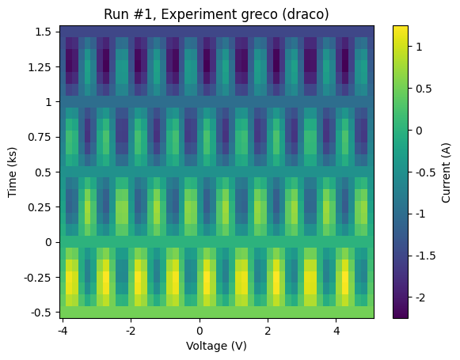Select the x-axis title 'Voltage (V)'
(215, 346)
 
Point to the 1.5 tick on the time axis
(44, 32)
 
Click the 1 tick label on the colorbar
(420, 47)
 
